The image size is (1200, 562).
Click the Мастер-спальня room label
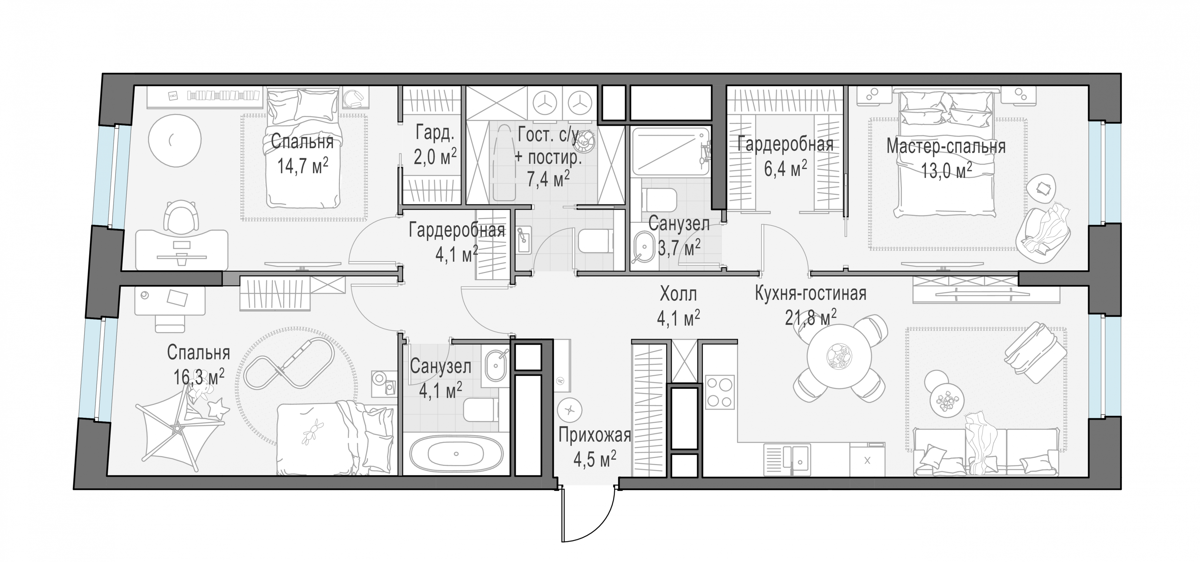coord(946,146)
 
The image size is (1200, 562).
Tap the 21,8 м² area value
coord(811,318)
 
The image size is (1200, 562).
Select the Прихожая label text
coord(594,435)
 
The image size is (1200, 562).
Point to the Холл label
coord(678,294)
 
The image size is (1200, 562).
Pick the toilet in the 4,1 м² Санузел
coord(480,410)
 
